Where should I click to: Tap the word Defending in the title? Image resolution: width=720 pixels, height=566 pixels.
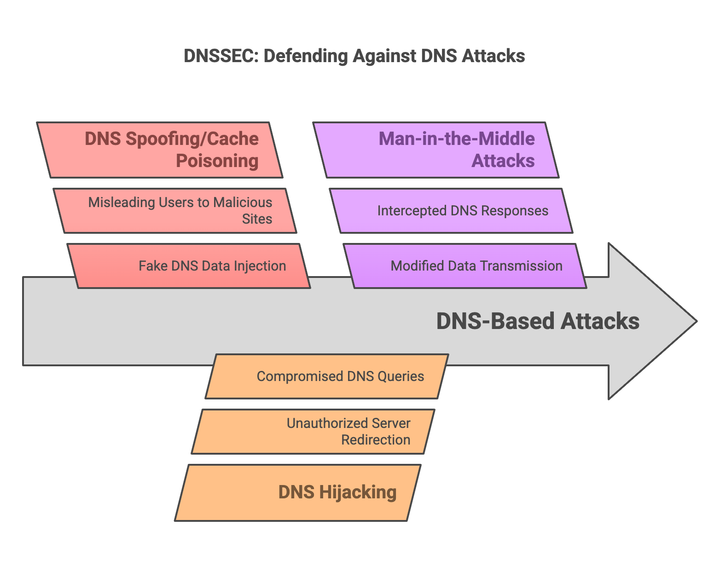pyautogui.click(x=306, y=56)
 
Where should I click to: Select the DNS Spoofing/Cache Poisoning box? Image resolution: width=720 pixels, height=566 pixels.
pyautogui.click(x=160, y=150)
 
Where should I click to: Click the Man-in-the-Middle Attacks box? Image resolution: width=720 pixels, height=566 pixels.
pyautogui.click(x=436, y=150)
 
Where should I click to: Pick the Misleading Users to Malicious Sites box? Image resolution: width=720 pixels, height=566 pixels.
pyautogui.click(x=174, y=211)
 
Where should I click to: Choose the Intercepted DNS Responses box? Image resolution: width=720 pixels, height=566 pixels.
pyautogui.click(x=451, y=211)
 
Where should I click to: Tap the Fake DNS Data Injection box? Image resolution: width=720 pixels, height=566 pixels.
pyautogui.click(x=189, y=266)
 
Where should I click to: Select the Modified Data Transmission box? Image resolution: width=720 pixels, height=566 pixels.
pyautogui.click(x=465, y=266)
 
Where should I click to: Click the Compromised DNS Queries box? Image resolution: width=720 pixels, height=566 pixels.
pyautogui.click(x=327, y=376)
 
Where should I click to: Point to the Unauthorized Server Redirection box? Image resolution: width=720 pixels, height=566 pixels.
pyautogui.click(x=313, y=432)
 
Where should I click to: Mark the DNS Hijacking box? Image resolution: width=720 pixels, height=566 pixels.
pyautogui.click(x=298, y=492)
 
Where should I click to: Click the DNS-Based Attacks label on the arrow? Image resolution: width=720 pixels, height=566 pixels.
pyautogui.click(x=538, y=321)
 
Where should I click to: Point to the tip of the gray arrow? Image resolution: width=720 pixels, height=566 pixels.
pyautogui.click(x=697, y=321)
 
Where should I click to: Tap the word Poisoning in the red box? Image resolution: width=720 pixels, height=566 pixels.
pyautogui.click(x=217, y=161)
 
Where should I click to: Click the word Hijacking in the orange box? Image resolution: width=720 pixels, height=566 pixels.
pyautogui.click(x=358, y=493)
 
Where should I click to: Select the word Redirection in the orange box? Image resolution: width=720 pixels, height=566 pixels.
pyautogui.click(x=376, y=440)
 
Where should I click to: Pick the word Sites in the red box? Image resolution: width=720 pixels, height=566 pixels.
pyautogui.click(x=257, y=219)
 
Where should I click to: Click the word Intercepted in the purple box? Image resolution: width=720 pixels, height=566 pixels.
pyautogui.click(x=412, y=211)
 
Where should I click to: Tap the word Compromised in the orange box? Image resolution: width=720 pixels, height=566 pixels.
pyautogui.click(x=300, y=377)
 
